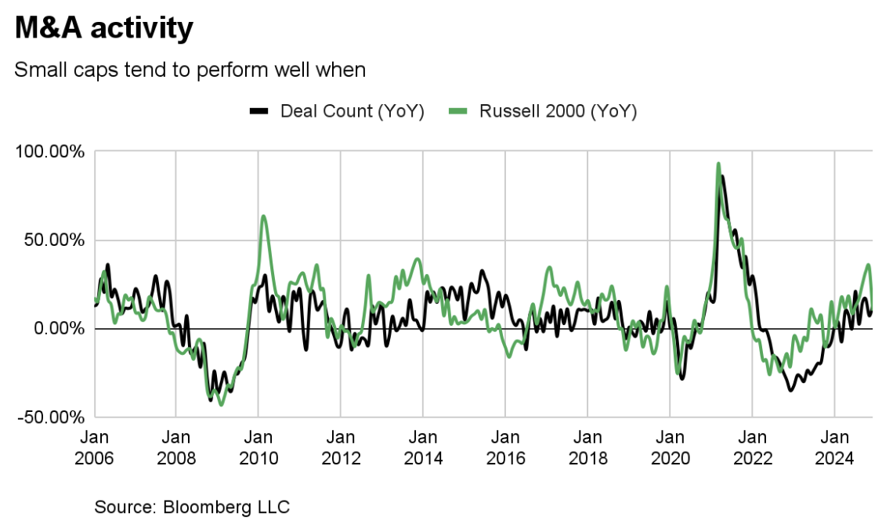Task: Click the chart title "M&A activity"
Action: click(x=103, y=28)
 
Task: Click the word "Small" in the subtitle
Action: click(x=38, y=70)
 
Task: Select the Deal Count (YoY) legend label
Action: click(x=352, y=111)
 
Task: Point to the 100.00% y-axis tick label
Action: click(x=49, y=151)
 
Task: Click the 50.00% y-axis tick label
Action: click(x=53, y=240)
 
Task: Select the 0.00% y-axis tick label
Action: click(x=57, y=328)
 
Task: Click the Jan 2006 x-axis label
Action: click(x=95, y=446)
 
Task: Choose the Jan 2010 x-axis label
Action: click(x=258, y=446)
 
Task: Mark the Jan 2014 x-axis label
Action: click(x=423, y=446)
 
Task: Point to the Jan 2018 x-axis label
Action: click(x=587, y=446)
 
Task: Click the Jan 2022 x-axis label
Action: click(x=752, y=446)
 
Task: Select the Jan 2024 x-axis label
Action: click(x=834, y=446)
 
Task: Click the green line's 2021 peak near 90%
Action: click(x=718, y=164)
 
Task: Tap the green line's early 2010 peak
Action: click(x=263, y=216)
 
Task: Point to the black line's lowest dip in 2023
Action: click(x=790, y=389)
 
